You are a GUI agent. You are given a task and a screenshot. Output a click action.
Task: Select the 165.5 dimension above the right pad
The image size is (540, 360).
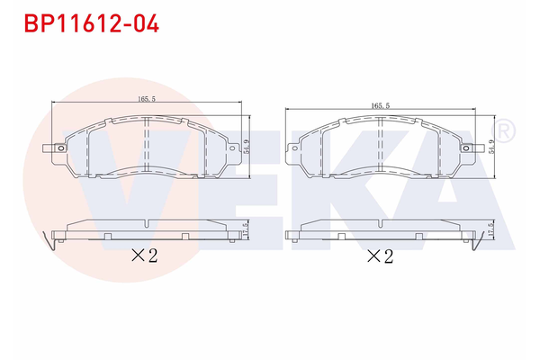tap(381, 106)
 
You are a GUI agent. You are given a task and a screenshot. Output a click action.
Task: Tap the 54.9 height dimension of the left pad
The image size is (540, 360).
tap(247, 141)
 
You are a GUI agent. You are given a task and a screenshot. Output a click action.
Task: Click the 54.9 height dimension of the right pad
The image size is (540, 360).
tap(491, 147)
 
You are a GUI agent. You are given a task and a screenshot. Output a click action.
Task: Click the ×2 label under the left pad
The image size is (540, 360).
tap(144, 256)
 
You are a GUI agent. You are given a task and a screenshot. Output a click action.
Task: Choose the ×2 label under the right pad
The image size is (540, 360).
tap(381, 256)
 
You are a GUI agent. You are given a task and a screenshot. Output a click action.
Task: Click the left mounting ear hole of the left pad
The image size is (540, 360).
tap(59, 148)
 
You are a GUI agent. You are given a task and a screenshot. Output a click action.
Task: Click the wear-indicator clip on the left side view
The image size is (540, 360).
tap(57, 239)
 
